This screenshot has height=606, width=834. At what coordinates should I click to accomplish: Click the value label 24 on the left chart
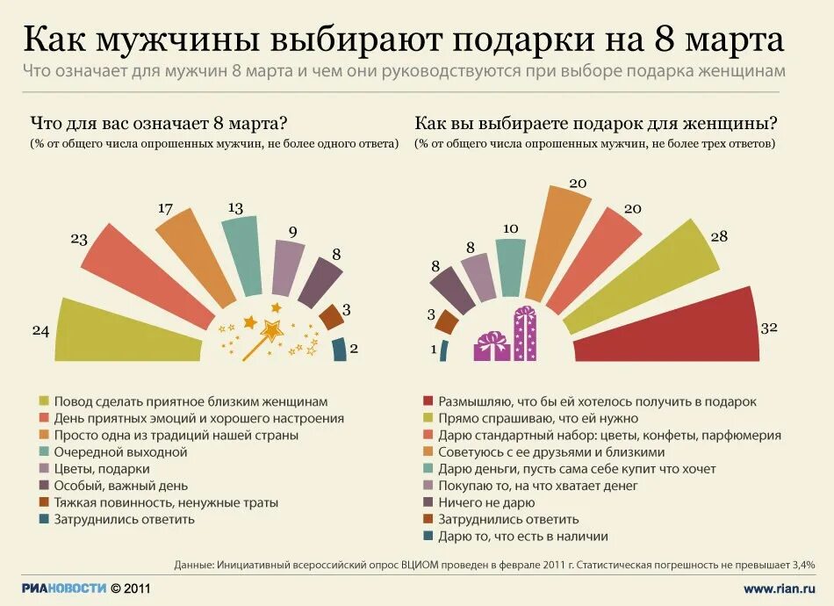click(40, 331)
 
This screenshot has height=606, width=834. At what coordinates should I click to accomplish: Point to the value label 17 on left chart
click(165, 209)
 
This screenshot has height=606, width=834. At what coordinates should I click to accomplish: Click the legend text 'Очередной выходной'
click(120, 451)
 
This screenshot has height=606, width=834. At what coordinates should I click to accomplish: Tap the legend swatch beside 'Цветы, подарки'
click(44, 469)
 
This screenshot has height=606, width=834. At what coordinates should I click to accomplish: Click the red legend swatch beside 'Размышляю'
click(428, 401)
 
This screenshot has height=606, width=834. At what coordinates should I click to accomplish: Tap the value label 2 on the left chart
click(354, 348)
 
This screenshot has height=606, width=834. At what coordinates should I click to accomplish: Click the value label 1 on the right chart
click(433, 349)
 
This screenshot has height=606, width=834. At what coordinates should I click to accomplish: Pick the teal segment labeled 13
click(239, 255)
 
